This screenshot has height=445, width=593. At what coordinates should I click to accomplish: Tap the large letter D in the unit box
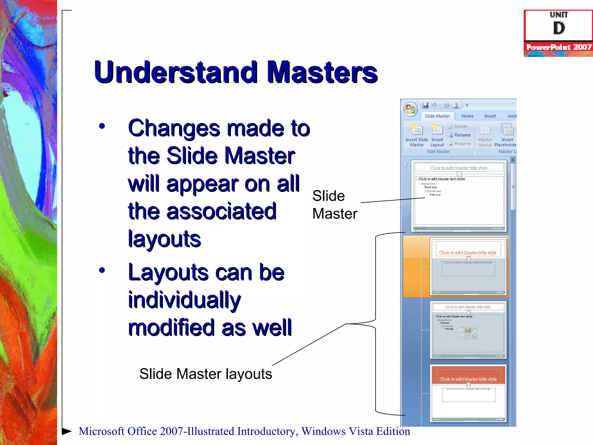point(559,28)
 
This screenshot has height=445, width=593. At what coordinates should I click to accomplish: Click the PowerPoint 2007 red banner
point(559,47)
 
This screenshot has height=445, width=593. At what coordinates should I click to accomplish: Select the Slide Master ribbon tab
point(437,116)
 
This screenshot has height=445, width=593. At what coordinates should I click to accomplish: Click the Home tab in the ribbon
point(467,116)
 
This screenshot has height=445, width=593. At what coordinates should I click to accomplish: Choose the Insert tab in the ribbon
point(490,116)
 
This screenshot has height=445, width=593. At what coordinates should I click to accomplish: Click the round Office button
point(410,109)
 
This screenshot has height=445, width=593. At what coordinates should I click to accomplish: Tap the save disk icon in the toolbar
point(425,105)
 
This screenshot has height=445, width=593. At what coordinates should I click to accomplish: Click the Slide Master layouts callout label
point(206,374)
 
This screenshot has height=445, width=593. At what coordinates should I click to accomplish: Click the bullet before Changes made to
point(102,126)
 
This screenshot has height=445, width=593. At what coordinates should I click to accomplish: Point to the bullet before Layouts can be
point(102,270)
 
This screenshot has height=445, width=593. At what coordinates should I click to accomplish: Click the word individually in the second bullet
point(184,300)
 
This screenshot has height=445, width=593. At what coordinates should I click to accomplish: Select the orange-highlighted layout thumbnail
point(468,266)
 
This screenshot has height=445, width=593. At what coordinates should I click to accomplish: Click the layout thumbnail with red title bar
point(468,393)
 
